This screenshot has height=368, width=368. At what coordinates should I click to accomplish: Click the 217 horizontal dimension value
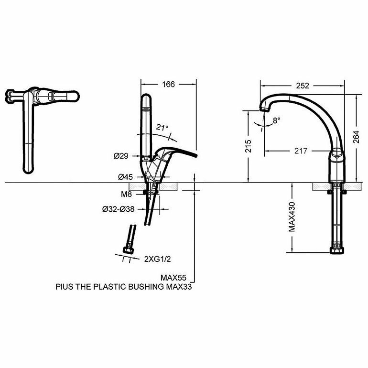pos(301,151)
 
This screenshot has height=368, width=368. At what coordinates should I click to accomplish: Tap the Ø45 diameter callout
pos(125,177)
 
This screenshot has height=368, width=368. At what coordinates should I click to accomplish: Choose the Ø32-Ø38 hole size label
pos(117,209)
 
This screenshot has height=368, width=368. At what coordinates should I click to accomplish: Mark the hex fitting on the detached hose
pos(128,250)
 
